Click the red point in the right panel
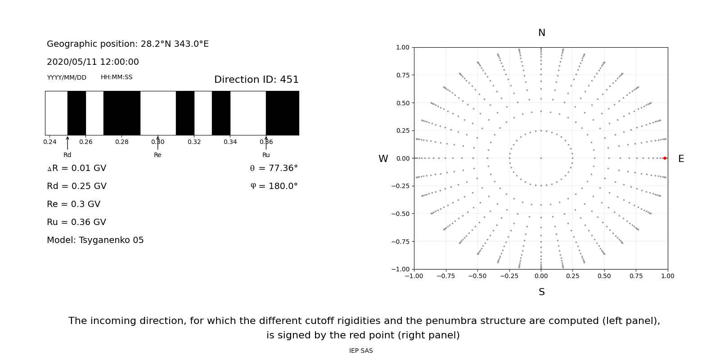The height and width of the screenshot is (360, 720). pos(665,158)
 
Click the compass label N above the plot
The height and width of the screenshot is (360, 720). pos(541,33)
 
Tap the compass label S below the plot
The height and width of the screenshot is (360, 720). pos(541,292)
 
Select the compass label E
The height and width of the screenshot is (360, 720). pos(681,159)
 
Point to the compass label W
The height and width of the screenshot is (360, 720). pos(383,159)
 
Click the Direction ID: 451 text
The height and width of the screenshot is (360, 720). pos(256,80)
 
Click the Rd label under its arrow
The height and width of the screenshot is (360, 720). pos(67,155)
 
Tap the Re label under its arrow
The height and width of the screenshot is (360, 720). pos(157,155)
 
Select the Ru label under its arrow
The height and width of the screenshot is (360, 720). pos(266,155)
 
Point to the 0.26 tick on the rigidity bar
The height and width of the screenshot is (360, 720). pos(85,142)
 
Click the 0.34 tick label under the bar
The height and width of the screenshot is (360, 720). pos(230,142)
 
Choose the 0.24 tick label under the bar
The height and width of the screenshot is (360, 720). pos(49,142)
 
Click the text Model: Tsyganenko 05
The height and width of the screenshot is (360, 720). pos(95,240)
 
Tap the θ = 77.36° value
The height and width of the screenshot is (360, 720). pos(274,168)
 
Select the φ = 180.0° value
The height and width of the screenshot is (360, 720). pos(274,186)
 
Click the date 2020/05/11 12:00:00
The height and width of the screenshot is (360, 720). pos(93,62)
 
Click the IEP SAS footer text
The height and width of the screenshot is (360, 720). pos(361,351)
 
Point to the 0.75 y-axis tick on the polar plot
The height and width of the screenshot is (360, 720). pos(402,75)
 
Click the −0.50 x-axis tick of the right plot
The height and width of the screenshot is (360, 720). pos(477,276)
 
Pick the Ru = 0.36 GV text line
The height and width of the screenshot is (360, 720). pos(76,222)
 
